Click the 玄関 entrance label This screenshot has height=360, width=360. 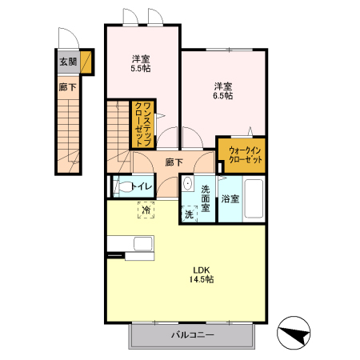point(68,62)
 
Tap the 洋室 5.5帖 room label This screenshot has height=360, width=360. point(141,63)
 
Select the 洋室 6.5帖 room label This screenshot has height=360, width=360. point(223,91)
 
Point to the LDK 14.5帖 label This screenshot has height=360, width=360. point(202,274)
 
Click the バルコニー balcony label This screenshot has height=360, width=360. point(193,334)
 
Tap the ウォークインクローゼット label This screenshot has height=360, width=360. point(246,155)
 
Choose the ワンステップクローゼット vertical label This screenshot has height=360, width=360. point(142,124)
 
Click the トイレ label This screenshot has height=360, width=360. point(142,186)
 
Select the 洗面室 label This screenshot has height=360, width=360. point(206,198)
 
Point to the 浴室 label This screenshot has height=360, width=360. point(230,199)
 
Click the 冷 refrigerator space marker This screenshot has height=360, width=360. point(146,210)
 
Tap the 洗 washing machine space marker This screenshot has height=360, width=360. point(189,214)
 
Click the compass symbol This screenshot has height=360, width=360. point(294,333)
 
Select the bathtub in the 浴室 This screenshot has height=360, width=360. point(254,199)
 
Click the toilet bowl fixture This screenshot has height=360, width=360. point(123,186)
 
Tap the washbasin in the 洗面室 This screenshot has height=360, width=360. point(188,183)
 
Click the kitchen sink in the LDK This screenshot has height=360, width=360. point(143,243)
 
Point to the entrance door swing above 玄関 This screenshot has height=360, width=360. point(69,38)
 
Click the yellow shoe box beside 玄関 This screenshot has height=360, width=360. point(86,62)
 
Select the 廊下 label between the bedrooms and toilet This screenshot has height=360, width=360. point(174,162)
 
